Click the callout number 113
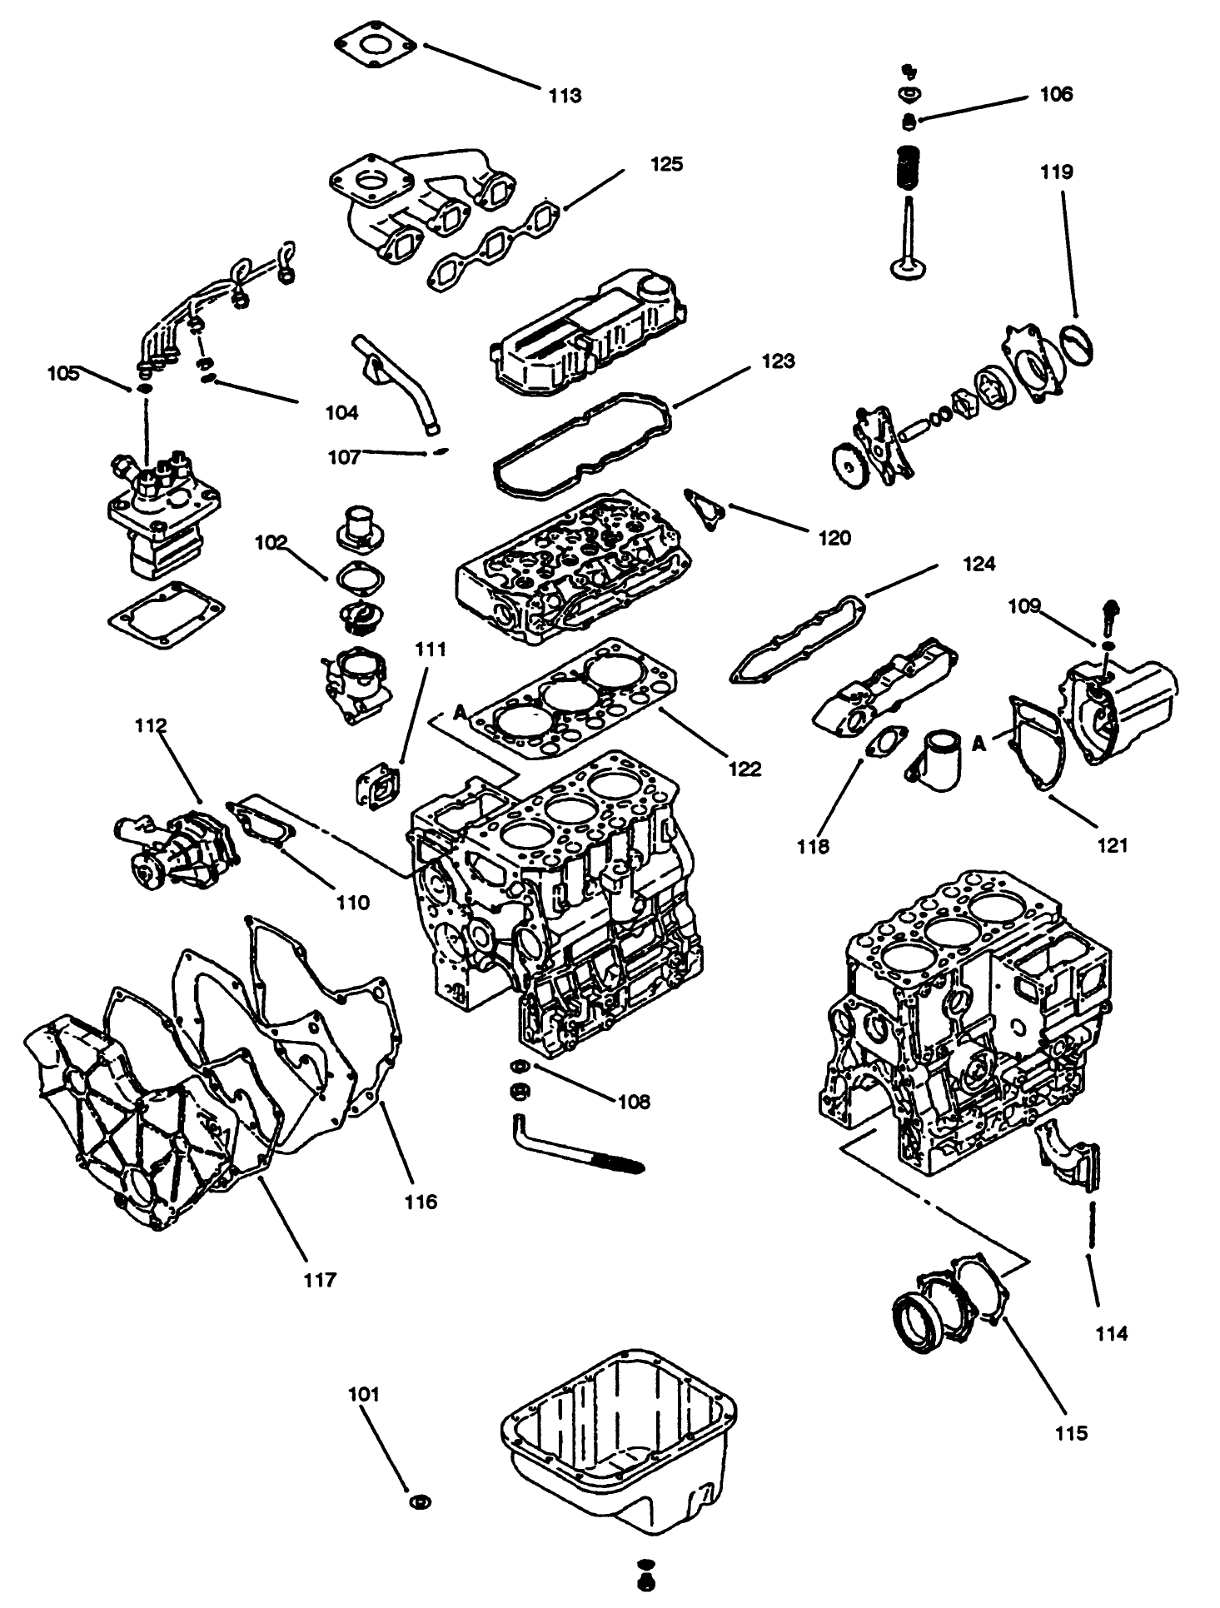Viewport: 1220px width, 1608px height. pos(565,96)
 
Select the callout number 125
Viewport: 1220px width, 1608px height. pos(667,163)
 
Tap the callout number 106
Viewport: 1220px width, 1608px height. pos(1056,94)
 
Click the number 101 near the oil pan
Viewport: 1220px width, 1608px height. pos(364,1394)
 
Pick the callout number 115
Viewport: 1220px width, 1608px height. pos(1071,1432)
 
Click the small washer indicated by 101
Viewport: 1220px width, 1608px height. pos(421,1503)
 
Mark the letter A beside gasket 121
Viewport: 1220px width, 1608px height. pos(979,743)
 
